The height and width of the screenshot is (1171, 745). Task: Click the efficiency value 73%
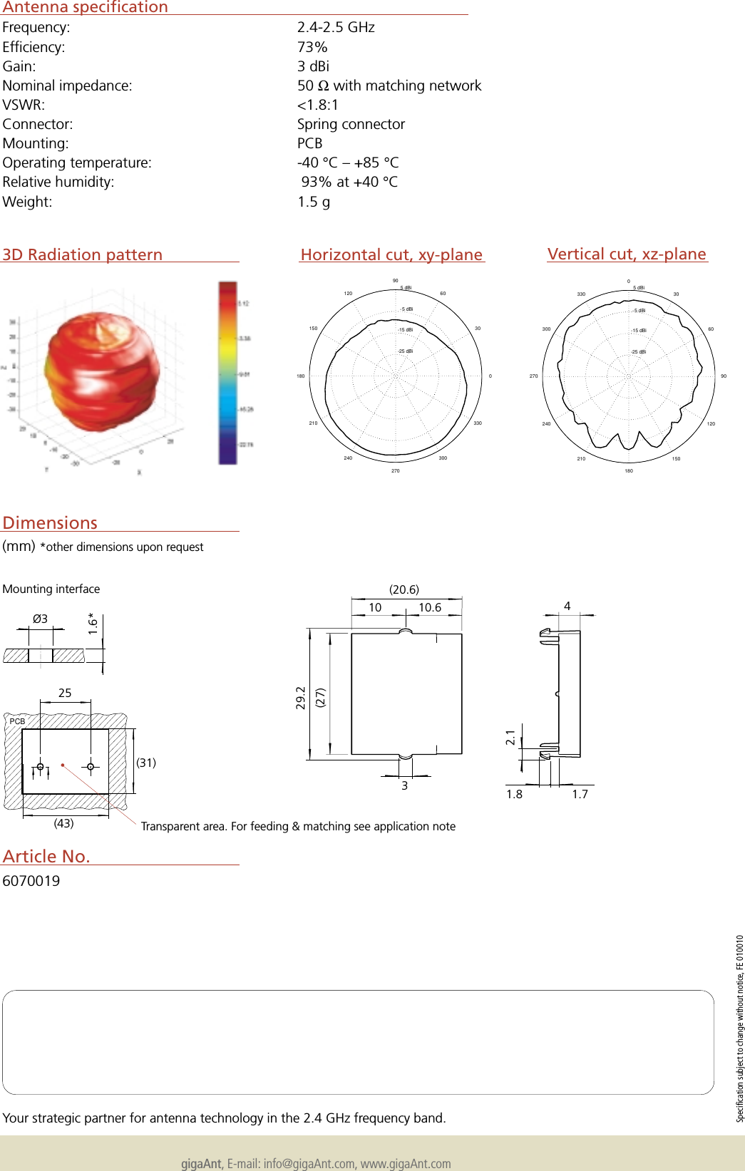[312, 47]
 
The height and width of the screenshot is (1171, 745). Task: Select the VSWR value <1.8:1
[318, 105]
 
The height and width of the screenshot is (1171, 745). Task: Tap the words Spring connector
[351, 124]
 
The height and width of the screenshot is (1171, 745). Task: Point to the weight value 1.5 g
[314, 202]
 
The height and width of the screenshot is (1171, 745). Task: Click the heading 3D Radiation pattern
[83, 254]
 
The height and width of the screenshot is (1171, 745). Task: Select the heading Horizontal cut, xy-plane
[391, 254]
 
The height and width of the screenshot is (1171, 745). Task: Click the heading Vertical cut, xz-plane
[627, 254]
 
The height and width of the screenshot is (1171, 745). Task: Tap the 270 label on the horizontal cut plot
[395, 470]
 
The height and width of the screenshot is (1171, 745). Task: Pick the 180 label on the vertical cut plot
[628, 470]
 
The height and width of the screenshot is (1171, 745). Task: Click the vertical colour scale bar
[227, 373]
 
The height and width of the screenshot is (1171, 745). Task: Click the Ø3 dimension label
[40, 619]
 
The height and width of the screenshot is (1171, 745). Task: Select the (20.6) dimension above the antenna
[404, 589]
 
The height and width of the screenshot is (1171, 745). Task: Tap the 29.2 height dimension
[301, 698]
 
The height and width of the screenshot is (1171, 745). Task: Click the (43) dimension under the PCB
[63, 823]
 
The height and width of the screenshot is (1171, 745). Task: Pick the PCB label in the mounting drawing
[17, 721]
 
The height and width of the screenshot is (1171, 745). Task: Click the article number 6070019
[31, 881]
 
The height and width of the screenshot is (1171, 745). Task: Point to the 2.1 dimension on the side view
[510, 738]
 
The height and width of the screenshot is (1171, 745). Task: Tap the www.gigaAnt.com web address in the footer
[406, 1163]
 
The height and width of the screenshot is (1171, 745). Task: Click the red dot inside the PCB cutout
[63, 765]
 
